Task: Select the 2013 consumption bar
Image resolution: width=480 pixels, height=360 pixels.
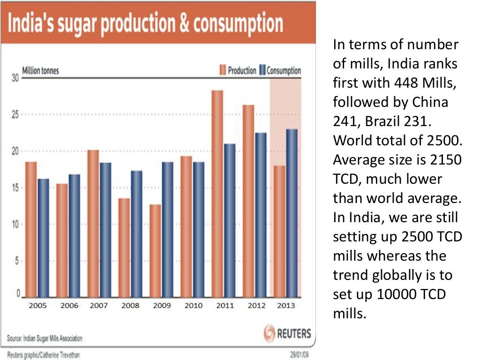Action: (x=292, y=213)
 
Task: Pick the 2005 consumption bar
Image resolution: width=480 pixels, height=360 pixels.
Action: (x=43, y=238)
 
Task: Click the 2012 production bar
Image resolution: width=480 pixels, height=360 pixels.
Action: (x=248, y=201)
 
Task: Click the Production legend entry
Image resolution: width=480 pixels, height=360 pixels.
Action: (x=239, y=71)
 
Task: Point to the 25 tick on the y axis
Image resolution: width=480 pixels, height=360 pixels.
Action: (x=15, y=115)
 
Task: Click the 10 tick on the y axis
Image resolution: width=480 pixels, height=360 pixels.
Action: (x=15, y=225)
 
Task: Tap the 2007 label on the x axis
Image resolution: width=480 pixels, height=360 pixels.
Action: (x=99, y=306)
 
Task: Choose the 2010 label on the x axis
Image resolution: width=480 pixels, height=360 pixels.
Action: (x=193, y=306)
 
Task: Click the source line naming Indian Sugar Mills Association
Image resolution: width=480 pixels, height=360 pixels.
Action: (x=45, y=338)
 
